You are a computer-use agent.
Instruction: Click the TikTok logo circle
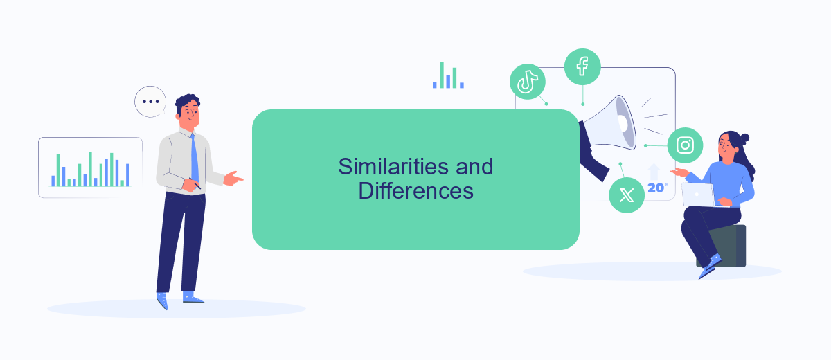point(527,82)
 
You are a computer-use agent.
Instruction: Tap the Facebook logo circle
point(582,66)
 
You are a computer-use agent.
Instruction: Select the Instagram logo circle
point(685,145)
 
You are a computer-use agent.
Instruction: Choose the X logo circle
point(627,195)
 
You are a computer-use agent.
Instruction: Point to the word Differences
point(415,191)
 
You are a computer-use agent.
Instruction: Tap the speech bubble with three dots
point(150,102)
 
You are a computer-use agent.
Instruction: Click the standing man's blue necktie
point(195,159)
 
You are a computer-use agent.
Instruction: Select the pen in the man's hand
point(195,183)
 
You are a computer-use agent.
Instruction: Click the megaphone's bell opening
point(626,123)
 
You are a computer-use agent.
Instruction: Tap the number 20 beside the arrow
point(656,188)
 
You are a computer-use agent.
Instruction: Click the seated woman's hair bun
point(744,139)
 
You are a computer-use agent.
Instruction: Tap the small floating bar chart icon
point(448,75)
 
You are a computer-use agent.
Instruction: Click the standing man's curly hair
point(188,102)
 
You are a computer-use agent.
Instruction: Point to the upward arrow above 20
point(654,172)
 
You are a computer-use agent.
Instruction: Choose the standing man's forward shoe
point(193,297)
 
